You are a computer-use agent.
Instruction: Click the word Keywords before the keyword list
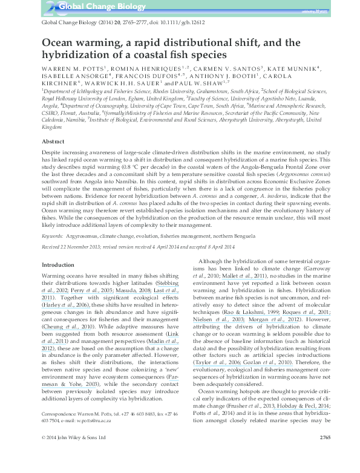51,234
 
